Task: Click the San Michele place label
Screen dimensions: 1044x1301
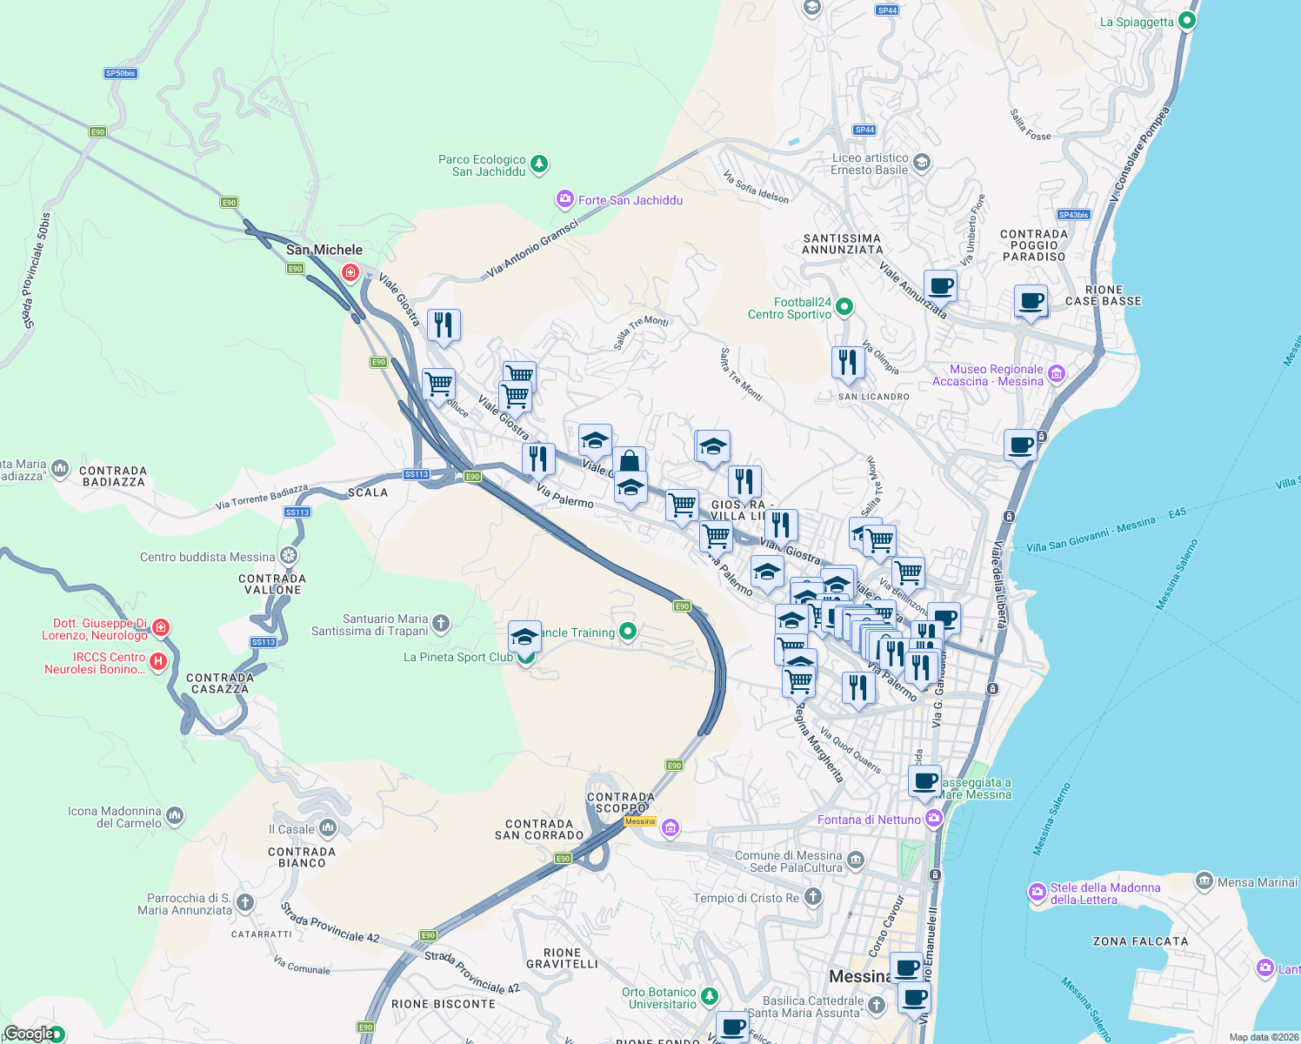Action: click(x=324, y=250)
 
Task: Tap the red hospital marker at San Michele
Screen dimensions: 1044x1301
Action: click(x=350, y=273)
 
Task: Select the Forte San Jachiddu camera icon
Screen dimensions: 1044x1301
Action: click(x=565, y=200)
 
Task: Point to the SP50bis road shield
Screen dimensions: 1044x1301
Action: click(x=121, y=73)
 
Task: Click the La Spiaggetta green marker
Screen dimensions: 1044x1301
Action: click(x=1188, y=20)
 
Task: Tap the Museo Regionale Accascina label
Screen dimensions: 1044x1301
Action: click(x=987, y=376)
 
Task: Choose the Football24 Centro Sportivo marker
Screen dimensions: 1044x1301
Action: click(x=844, y=306)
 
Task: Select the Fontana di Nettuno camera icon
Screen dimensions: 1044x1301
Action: click(x=933, y=818)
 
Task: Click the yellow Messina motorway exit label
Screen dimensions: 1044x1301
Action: click(x=640, y=821)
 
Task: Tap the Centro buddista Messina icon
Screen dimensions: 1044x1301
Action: click(x=289, y=555)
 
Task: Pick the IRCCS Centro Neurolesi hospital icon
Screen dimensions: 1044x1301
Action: click(x=157, y=661)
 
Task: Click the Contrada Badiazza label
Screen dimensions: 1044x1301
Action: click(x=113, y=476)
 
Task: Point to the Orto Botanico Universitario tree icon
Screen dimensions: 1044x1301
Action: click(x=711, y=994)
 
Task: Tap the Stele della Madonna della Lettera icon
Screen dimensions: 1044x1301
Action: click(x=1037, y=892)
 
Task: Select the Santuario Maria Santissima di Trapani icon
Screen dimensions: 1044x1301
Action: click(x=441, y=622)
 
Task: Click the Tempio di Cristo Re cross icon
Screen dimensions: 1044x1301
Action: click(x=812, y=896)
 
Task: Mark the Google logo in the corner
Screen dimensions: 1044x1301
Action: click(x=30, y=1034)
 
